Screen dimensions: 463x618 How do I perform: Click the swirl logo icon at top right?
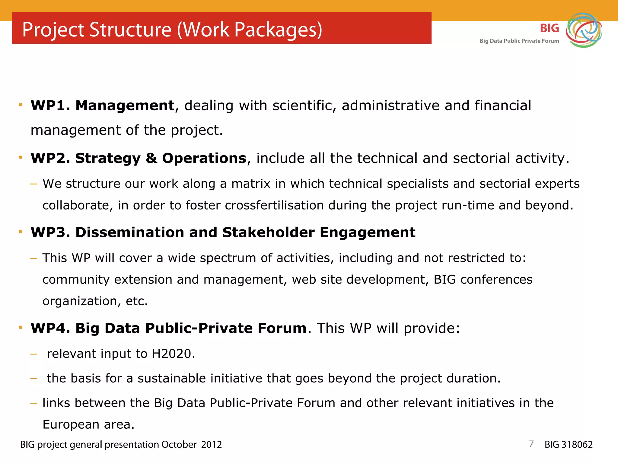pyautogui.click(x=584, y=30)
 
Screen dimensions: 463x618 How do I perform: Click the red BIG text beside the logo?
pyautogui.click(x=549, y=28)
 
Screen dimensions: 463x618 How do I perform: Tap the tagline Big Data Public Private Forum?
pyautogui.click(x=519, y=41)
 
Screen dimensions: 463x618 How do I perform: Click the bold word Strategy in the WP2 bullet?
pyautogui.click(x=108, y=159)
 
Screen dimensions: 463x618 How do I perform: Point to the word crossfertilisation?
pyautogui.click(x=274, y=205)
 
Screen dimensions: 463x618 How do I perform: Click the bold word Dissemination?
pyautogui.click(x=130, y=232)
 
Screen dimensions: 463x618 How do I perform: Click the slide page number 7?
pyautogui.click(x=531, y=444)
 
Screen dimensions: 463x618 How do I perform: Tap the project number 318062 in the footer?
pyautogui.click(x=576, y=445)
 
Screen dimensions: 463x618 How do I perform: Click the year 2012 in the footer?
pyautogui.click(x=211, y=445)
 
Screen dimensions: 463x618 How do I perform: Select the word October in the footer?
pyautogui.click(x=179, y=445)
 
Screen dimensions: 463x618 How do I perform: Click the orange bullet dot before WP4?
pyautogui.click(x=21, y=328)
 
